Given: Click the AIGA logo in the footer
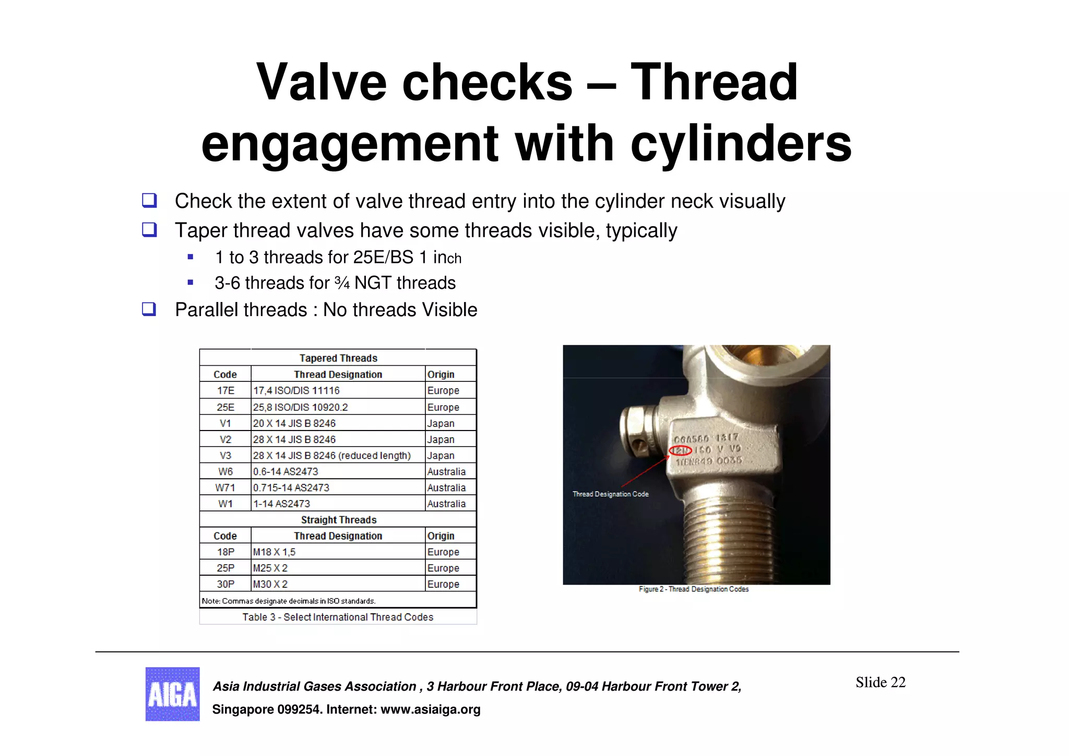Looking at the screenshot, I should pos(172,694).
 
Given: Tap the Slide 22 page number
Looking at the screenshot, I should pos(880,682).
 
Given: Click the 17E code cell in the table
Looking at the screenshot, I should pos(225,390).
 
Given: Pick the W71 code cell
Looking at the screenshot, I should pos(225,487).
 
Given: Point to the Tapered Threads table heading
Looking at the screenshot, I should pos(338,358).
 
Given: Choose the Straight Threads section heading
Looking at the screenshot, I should pos(338,520).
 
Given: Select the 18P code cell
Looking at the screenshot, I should pos(225,552).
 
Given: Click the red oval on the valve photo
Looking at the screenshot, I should pos(681,450).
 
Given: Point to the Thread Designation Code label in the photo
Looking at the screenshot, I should pos(610,494).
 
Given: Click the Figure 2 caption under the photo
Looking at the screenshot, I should pos(694,589).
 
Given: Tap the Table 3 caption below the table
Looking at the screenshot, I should pos(338,617).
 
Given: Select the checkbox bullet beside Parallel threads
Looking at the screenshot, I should pos(149,309).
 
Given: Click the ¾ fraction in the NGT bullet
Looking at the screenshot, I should pos(342,283).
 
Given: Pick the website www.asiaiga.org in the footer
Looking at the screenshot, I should pos(430,710).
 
